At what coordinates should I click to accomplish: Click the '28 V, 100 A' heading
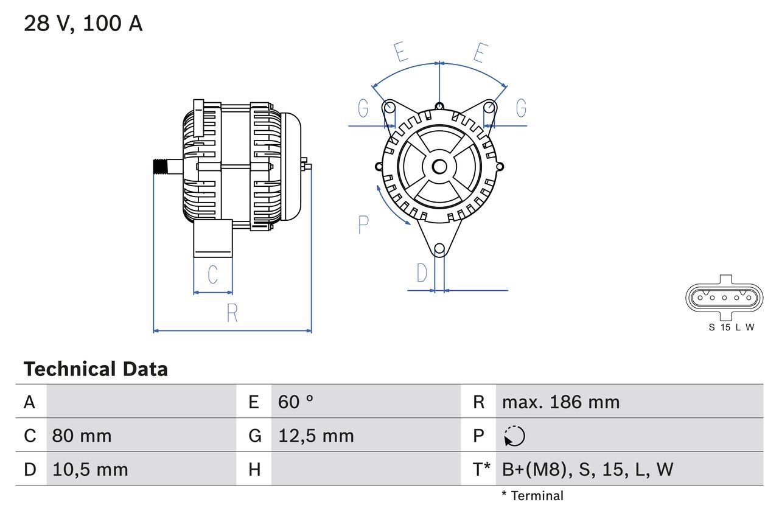click(83, 24)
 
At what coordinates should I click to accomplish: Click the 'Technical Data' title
click(96, 369)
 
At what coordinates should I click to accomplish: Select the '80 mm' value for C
click(82, 436)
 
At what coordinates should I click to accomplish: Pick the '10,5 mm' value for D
click(90, 469)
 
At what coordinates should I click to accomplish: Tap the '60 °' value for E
click(296, 402)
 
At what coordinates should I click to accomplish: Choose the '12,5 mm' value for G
click(315, 436)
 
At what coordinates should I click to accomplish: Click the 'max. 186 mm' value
click(561, 402)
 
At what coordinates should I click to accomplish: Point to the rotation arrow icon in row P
click(514, 436)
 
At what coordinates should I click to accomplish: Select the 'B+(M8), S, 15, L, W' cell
click(587, 469)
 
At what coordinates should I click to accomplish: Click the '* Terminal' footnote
click(533, 496)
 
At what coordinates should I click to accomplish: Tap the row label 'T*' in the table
click(481, 469)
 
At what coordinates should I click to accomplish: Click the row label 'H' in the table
click(254, 469)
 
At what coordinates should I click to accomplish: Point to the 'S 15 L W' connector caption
click(731, 327)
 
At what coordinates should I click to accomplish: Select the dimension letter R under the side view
click(232, 313)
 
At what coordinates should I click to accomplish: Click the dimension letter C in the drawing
click(212, 275)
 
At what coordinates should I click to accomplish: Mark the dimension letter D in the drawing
click(422, 274)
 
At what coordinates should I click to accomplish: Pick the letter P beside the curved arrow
click(363, 225)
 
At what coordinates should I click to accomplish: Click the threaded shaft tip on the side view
click(159, 166)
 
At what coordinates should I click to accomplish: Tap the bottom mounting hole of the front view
click(439, 248)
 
